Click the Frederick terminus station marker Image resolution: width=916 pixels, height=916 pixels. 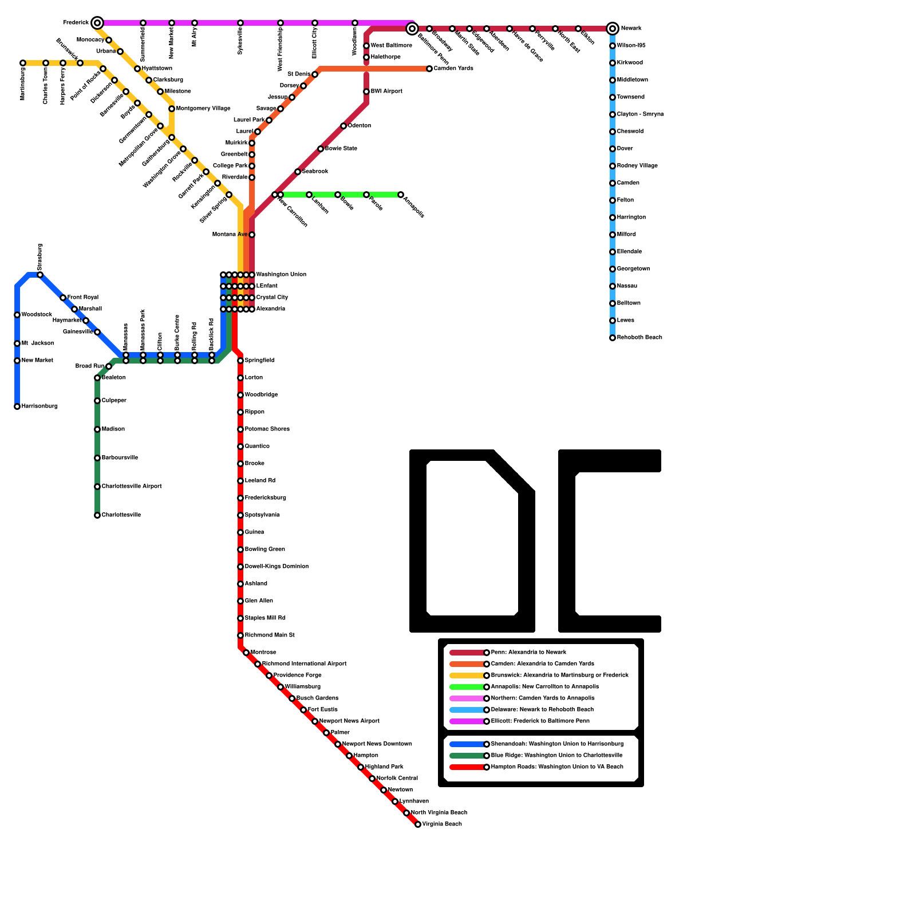97,23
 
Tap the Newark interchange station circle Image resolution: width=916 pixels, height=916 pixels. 613,29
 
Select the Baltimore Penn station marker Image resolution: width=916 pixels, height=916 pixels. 412,29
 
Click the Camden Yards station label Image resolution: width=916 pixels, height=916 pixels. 453,69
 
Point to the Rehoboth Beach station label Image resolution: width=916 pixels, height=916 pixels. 639,338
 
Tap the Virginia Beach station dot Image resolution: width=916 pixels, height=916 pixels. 418,824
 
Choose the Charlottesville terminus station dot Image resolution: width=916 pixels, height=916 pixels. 97,515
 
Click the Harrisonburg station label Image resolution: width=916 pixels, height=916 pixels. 40,406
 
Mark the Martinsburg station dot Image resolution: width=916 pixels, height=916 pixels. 23,63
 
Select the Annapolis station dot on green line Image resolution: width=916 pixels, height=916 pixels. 401,195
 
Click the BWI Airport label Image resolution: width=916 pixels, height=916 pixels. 386,92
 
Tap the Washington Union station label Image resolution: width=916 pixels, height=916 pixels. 281,275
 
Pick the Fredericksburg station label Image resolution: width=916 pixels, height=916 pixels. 266,498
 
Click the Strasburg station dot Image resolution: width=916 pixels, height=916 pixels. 40,275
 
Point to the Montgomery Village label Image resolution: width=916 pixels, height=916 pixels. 203,109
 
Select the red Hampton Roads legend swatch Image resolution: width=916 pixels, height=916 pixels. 467,767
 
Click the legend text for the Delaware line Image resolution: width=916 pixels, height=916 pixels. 542,710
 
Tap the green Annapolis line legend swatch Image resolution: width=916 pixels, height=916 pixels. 467,687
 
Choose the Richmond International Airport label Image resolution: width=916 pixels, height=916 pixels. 305,664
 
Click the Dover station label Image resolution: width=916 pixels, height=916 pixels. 625,149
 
